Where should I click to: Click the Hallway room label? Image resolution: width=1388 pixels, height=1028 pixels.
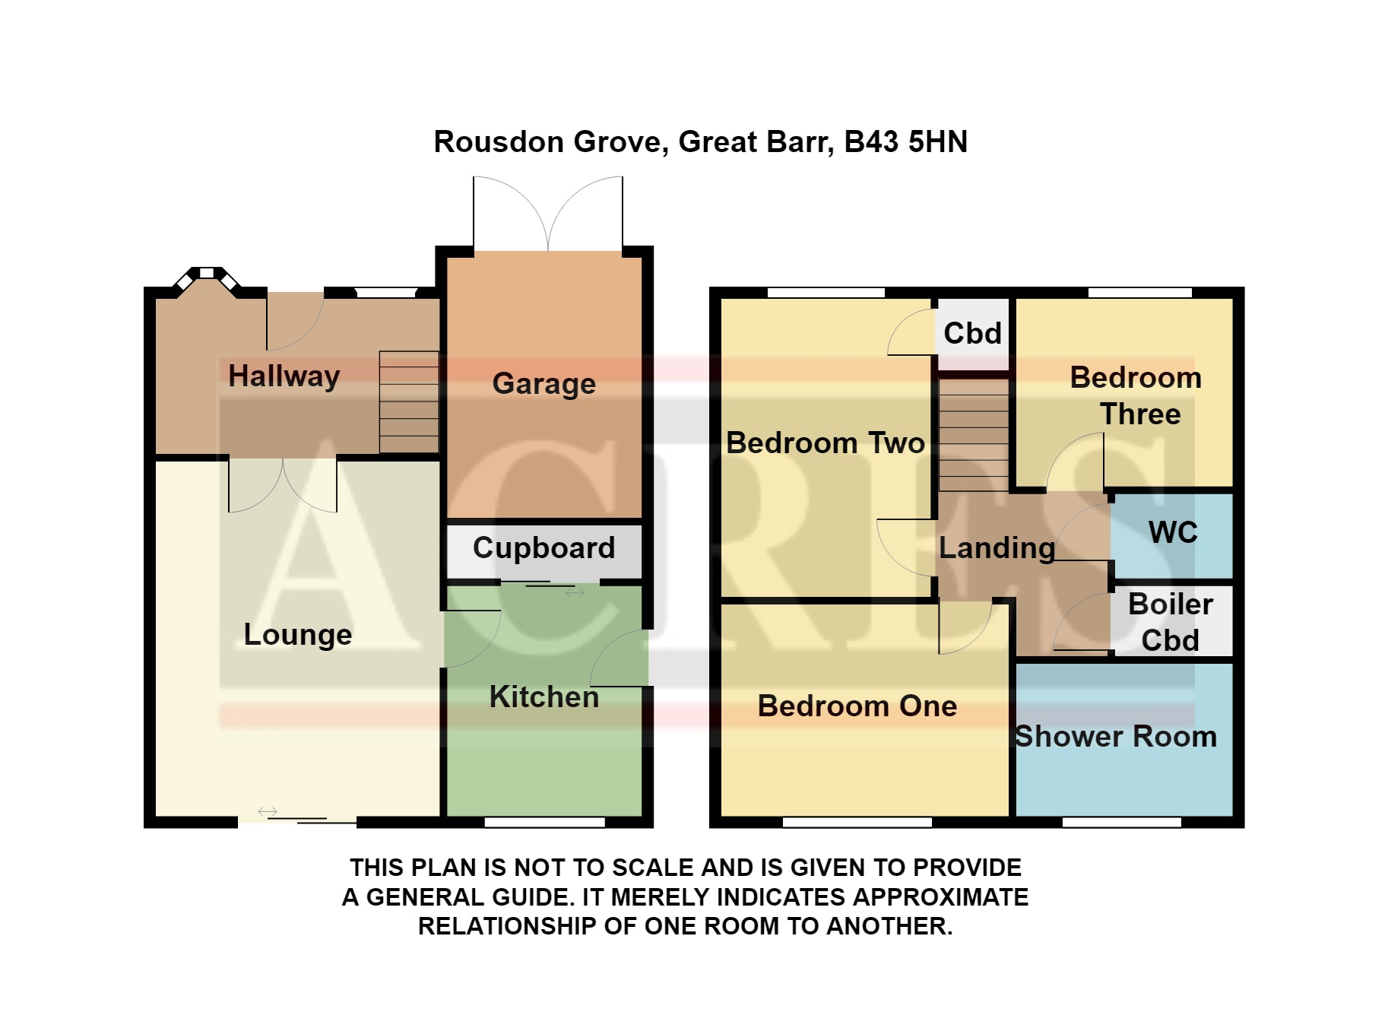tap(284, 376)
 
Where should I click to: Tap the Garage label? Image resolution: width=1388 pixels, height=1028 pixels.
tap(544, 384)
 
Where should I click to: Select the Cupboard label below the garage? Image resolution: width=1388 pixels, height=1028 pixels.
tap(544, 548)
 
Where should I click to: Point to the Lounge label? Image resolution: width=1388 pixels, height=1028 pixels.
tap(298, 635)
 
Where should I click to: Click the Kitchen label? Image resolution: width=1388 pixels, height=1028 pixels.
tap(544, 696)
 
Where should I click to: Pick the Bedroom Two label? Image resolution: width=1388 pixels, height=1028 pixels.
tap(826, 443)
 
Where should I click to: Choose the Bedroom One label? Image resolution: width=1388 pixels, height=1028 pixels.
tap(857, 706)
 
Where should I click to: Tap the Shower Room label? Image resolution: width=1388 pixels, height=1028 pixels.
tap(1116, 736)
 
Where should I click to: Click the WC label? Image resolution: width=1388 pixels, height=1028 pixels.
tap(1174, 532)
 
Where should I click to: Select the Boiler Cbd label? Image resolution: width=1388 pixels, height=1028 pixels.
tap(1171, 622)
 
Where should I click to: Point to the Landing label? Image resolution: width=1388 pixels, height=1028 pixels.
tap(997, 548)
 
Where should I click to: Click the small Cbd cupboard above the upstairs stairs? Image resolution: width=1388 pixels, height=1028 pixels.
tap(973, 334)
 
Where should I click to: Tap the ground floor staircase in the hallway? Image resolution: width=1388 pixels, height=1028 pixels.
tap(409, 402)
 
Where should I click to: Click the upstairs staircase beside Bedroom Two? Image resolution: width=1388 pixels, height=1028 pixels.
tap(974, 435)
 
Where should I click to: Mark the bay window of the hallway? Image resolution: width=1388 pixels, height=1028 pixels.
tap(207, 278)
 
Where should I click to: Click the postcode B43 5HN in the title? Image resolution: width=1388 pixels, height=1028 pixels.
tap(906, 142)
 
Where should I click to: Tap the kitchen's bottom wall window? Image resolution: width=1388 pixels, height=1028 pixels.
tap(545, 822)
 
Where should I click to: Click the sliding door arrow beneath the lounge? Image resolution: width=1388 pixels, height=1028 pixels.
tap(268, 812)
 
